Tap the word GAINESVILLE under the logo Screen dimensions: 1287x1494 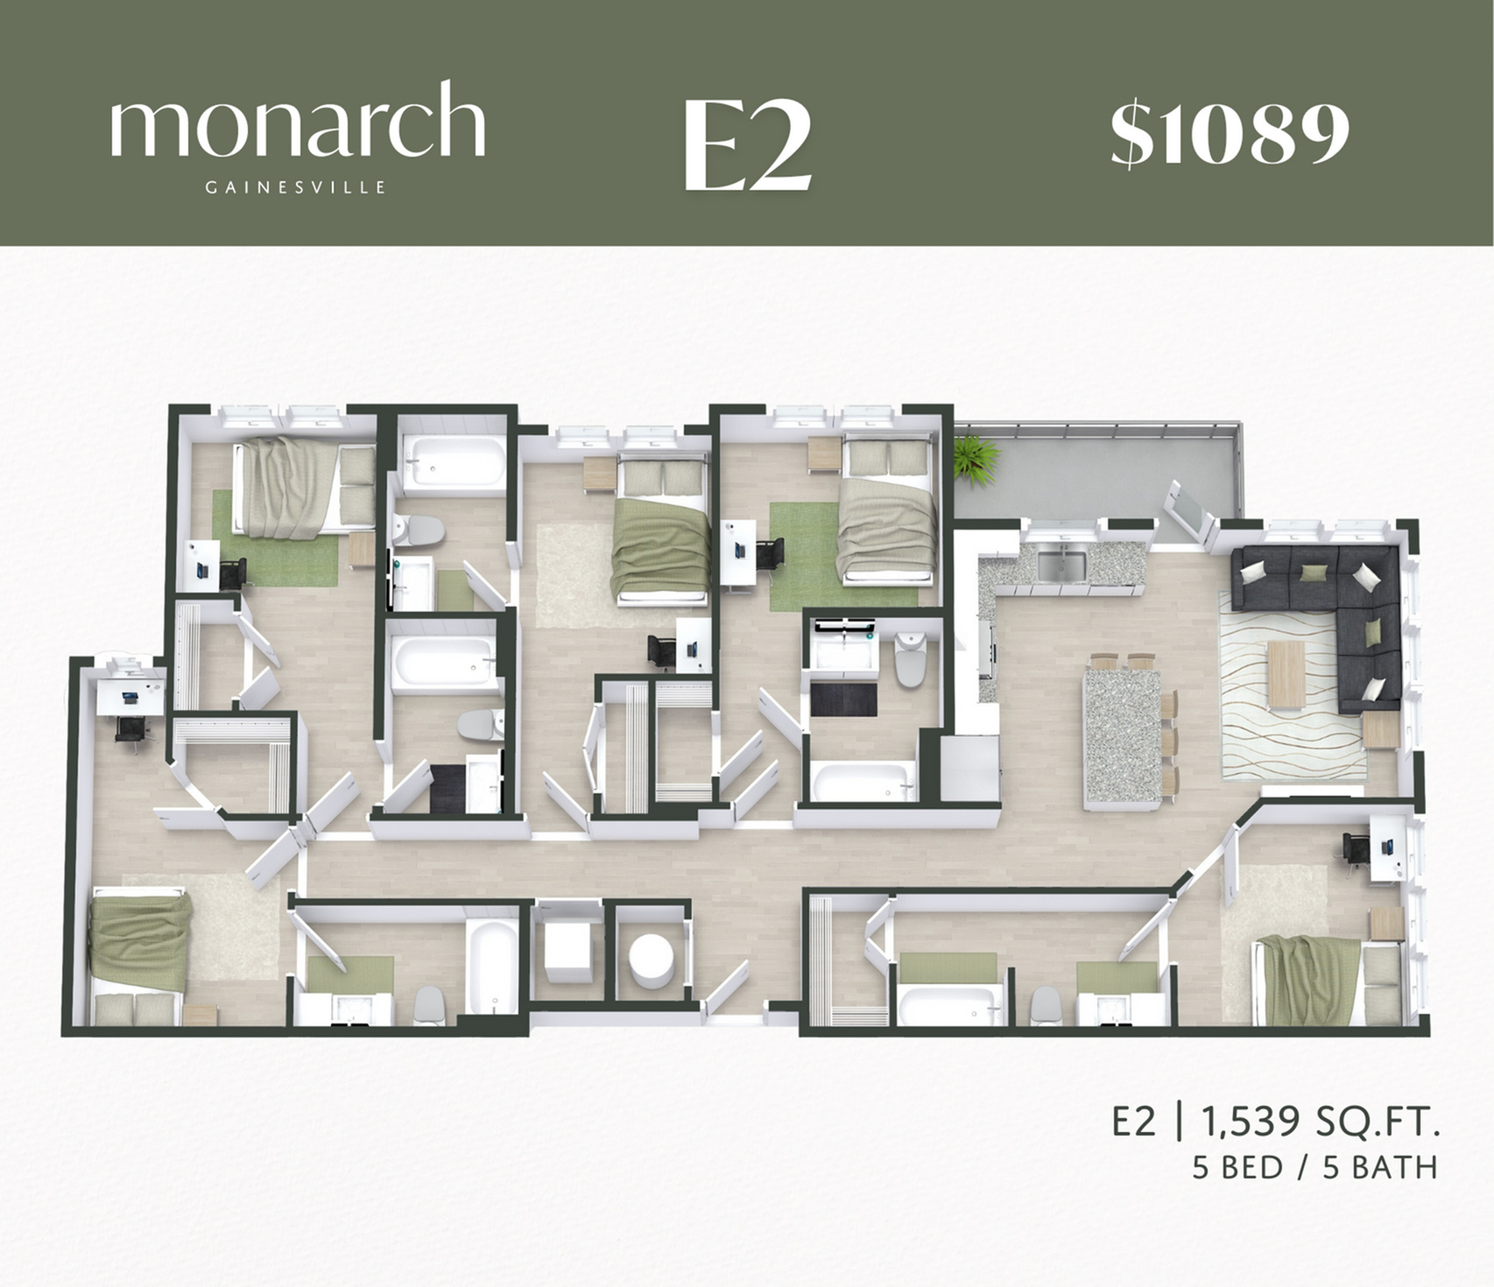[295, 187]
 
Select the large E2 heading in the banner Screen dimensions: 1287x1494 [746, 146]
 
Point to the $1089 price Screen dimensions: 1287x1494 [1230, 135]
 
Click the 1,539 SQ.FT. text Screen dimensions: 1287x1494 [1321, 1122]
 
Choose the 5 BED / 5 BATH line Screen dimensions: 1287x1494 [1314, 1168]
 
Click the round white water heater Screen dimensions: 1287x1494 [652, 957]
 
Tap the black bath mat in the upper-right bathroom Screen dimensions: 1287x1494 [842, 700]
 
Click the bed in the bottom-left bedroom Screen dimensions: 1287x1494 [140, 954]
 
